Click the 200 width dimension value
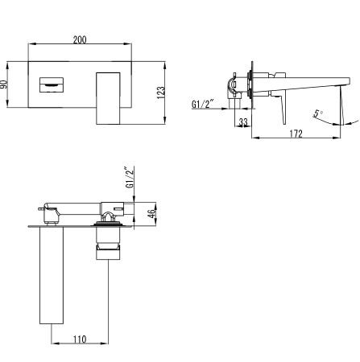(80, 39)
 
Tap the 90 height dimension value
(4, 85)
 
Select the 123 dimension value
(160, 93)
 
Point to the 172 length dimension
(296, 134)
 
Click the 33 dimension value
(243, 122)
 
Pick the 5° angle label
(318, 113)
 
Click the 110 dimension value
(80, 339)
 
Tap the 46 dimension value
(152, 214)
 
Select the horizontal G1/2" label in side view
(203, 104)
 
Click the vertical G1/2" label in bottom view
(130, 178)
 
